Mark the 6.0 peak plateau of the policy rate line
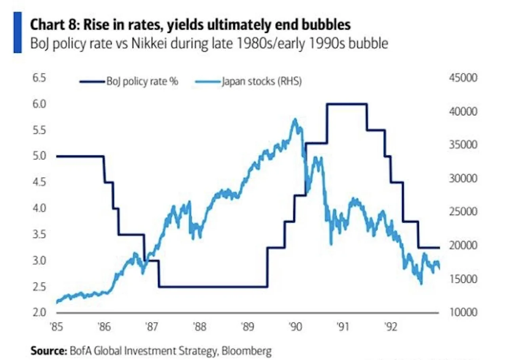tap(347, 104)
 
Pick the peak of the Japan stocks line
tap(294, 119)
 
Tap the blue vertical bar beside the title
tap(17, 33)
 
